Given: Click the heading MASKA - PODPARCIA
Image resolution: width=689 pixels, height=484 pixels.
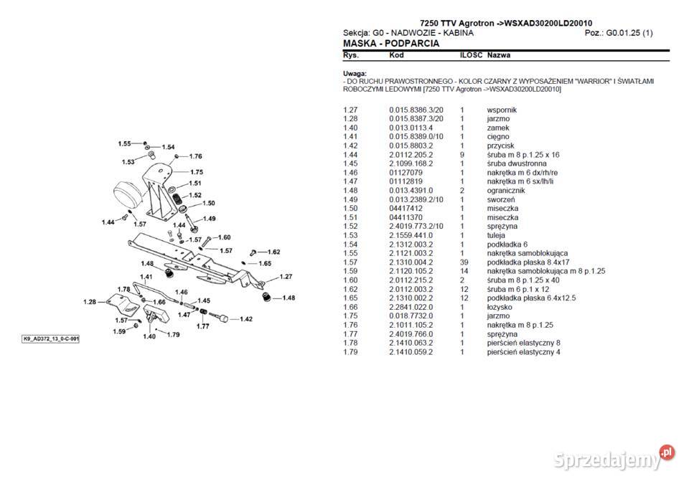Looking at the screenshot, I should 391,44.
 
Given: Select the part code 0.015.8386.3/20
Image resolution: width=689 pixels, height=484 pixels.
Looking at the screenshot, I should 416,110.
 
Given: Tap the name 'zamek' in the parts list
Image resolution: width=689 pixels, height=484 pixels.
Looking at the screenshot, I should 498,128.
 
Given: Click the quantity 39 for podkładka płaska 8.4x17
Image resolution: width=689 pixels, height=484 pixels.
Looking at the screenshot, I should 463,262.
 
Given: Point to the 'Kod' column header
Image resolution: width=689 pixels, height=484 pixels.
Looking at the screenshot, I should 396,55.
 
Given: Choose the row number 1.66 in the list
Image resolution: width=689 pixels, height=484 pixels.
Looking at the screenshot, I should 350,307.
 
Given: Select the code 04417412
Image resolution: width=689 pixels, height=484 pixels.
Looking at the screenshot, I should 406,208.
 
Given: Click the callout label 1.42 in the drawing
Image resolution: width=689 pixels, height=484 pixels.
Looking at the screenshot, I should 245,319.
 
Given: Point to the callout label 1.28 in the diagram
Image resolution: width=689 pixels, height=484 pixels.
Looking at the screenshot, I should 90,302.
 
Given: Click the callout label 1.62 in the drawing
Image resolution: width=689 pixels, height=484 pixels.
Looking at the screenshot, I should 273,252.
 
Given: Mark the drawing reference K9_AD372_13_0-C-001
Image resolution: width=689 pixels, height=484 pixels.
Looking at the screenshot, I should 50,338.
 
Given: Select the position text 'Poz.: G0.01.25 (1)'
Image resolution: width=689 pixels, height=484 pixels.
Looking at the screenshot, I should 619,33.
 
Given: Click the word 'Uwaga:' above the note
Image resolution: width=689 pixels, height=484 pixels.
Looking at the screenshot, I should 355,73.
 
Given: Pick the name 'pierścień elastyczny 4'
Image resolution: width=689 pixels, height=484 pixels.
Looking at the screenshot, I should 524,351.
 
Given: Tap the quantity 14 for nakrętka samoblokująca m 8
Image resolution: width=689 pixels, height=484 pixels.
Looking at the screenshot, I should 463,271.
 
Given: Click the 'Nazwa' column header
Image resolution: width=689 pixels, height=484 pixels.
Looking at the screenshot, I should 499,55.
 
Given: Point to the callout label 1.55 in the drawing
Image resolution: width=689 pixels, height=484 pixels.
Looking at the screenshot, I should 125,144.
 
